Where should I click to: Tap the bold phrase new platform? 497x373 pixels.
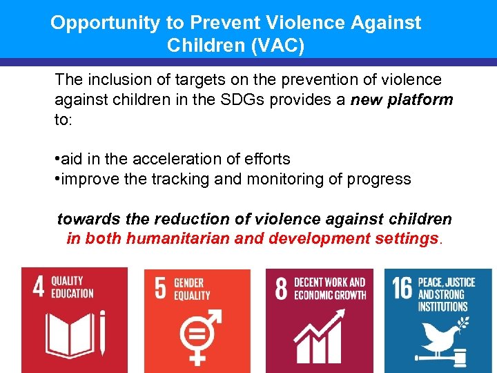402,99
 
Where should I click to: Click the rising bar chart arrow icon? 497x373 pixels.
319,337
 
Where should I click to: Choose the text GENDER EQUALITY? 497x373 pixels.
193,289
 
